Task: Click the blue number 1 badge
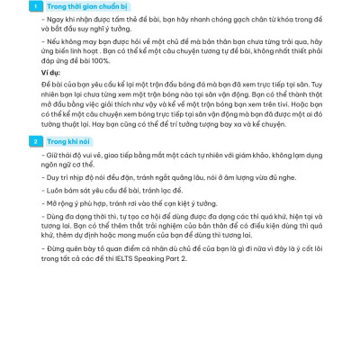tap(33, 7)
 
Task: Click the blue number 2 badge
tap(33, 141)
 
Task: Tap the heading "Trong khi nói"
tap(67, 141)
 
